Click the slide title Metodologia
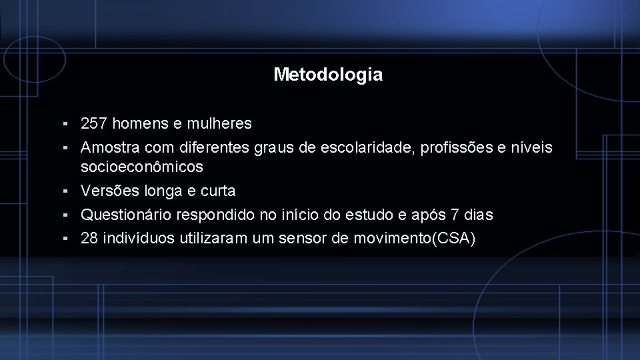(x=328, y=75)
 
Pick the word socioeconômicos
(x=141, y=167)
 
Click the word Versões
(x=107, y=191)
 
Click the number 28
(x=89, y=239)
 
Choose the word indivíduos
(x=139, y=239)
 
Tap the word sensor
(x=307, y=239)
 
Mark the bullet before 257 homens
(x=67, y=124)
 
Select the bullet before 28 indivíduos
(x=67, y=239)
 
